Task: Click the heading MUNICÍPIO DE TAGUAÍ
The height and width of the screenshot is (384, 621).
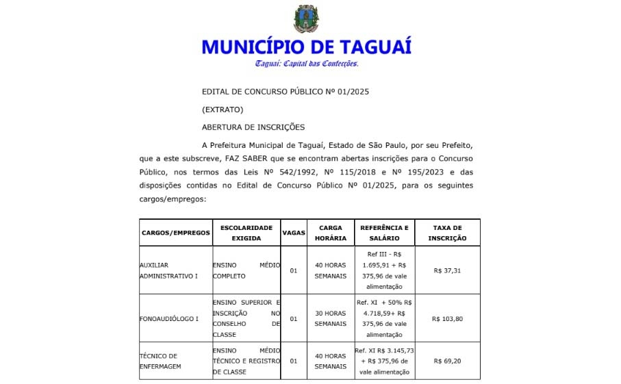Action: coord(306,47)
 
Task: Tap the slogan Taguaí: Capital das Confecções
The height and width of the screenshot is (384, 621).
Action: coord(306,64)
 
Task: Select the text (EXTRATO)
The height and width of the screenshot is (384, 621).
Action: coord(223,109)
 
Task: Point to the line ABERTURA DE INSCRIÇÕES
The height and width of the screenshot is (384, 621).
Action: coord(253,127)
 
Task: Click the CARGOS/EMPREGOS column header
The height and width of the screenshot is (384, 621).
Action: coord(175,233)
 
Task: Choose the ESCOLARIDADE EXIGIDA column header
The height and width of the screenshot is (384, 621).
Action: coord(246,233)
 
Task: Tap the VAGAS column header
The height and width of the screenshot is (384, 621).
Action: coord(294,233)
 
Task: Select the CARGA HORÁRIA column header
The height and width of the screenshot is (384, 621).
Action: coord(331,233)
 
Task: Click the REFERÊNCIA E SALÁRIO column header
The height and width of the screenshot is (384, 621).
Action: coord(384,233)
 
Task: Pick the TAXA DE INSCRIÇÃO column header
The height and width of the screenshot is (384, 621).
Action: coord(447,233)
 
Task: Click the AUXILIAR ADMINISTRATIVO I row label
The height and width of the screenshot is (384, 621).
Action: coord(168,270)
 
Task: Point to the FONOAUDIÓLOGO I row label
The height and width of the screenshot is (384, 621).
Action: coord(168,318)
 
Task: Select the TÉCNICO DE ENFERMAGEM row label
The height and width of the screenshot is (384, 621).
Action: coord(159,361)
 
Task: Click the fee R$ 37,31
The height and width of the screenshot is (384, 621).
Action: coord(447,270)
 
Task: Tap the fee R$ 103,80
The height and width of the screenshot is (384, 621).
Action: coord(447,318)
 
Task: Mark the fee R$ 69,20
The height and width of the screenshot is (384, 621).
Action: coord(447,361)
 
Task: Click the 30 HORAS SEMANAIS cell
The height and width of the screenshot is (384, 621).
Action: coord(331,318)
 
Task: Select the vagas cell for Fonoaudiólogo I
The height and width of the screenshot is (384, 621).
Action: coord(294,318)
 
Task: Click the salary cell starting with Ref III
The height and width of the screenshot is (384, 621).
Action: coord(384,270)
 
